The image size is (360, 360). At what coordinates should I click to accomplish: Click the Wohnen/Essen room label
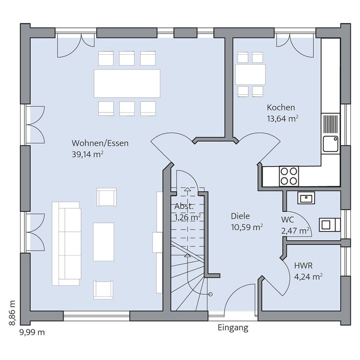(x=100, y=143)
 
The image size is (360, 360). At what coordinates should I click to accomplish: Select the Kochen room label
(x=281, y=108)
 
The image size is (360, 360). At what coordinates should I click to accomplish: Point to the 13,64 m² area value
(x=283, y=118)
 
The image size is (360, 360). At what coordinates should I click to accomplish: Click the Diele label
(x=240, y=216)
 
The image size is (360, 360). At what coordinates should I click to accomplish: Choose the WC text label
(x=287, y=219)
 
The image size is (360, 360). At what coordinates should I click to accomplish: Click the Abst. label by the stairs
(x=184, y=206)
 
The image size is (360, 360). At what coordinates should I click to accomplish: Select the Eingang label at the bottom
(x=233, y=328)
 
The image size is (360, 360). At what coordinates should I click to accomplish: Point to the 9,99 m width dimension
(x=32, y=332)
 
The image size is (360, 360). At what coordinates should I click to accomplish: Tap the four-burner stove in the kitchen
(x=289, y=176)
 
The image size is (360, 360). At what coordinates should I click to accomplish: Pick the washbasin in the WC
(x=306, y=198)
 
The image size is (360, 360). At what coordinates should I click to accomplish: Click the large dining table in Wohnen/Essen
(x=127, y=83)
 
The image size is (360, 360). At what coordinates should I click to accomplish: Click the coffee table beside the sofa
(x=104, y=242)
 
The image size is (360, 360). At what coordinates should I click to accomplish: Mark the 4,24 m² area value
(x=308, y=276)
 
